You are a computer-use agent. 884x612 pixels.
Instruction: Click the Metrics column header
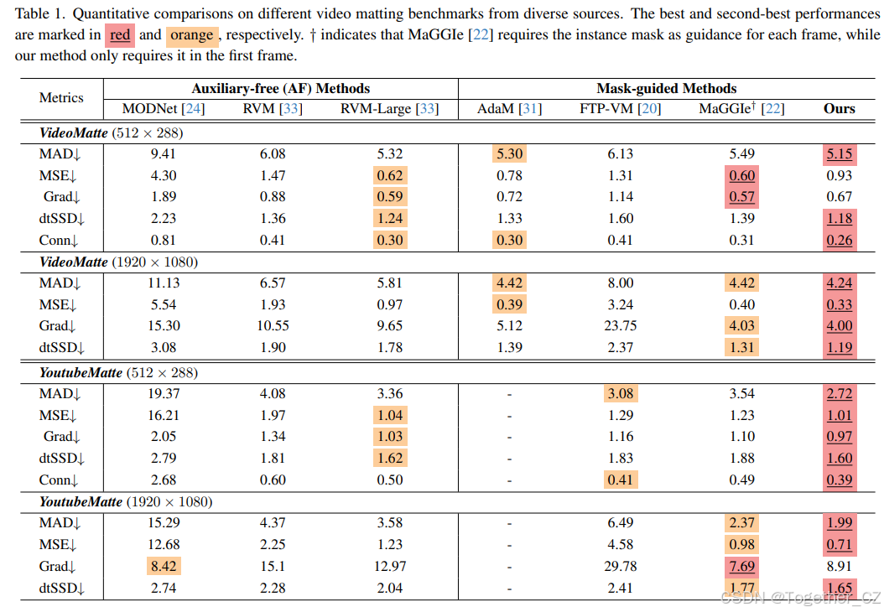61,98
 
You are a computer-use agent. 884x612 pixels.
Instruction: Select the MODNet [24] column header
164,109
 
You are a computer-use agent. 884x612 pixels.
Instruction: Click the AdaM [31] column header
509,109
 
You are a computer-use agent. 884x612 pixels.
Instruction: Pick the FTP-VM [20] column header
620,109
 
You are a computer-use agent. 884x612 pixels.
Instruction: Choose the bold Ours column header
839,109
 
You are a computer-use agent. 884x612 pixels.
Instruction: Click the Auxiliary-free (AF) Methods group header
280,88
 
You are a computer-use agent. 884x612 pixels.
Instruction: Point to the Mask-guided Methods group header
666,88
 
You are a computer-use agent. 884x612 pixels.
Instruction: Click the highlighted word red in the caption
120,35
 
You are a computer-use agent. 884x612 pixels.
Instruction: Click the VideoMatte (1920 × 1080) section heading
118,262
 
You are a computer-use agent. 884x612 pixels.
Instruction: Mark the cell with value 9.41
163,154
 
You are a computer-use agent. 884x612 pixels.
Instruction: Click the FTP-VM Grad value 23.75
621,326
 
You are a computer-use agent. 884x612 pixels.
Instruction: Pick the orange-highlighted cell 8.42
163,567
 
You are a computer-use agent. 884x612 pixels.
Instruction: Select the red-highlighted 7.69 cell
742,567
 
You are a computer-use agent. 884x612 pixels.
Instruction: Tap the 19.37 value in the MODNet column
163,393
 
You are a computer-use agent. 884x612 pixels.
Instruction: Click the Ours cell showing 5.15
839,154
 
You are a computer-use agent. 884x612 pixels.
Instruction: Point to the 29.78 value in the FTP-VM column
621,567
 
